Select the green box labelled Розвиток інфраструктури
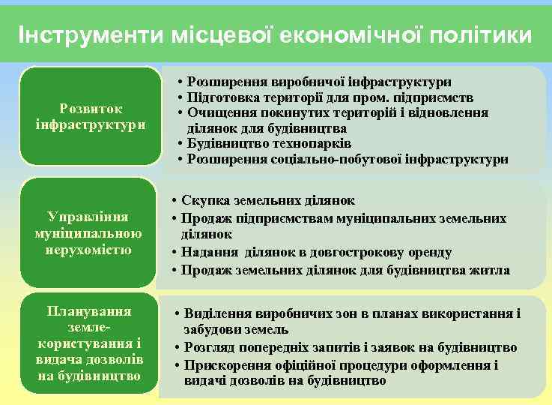click(90, 115)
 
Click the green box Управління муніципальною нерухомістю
click(90, 232)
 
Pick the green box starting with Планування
click(90, 343)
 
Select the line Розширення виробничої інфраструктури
click(318, 82)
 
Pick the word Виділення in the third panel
click(218, 313)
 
